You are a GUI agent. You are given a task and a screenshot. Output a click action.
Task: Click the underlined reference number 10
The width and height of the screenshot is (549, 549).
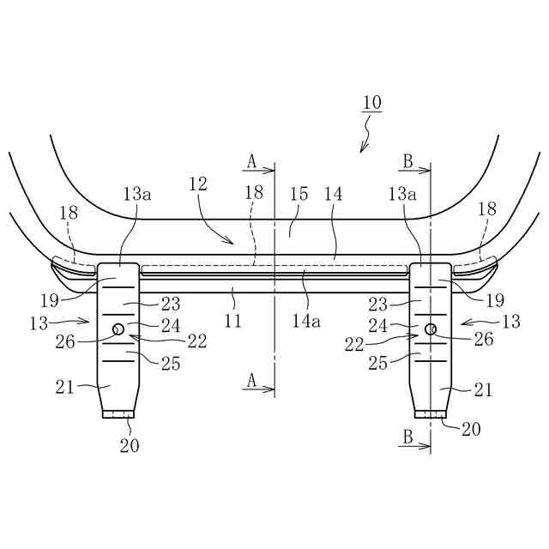click(x=372, y=103)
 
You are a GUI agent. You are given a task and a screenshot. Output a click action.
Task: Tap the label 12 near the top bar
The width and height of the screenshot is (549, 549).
click(x=198, y=184)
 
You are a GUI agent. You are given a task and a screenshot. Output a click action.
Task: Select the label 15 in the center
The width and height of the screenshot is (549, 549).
click(x=299, y=195)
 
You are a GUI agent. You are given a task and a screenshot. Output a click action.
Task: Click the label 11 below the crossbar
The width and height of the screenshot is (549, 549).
click(x=232, y=321)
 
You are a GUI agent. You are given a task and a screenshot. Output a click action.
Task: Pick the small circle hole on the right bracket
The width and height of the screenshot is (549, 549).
click(x=431, y=329)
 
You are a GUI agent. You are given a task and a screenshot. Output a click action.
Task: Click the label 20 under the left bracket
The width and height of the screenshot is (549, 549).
click(x=130, y=445)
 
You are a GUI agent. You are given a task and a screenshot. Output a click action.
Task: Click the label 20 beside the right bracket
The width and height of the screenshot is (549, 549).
click(x=470, y=429)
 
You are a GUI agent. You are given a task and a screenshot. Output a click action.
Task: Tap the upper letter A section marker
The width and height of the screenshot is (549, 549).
click(x=251, y=160)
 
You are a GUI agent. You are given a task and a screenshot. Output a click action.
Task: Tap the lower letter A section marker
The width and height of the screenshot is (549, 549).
click(x=251, y=378)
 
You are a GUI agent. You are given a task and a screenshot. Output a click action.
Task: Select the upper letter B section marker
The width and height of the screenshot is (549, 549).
click(x=408, y=160)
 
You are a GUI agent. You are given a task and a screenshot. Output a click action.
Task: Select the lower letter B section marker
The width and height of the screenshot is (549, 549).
click(x=408, y=437)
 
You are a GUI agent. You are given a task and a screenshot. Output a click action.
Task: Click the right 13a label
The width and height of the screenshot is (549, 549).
click(x=401, y=195)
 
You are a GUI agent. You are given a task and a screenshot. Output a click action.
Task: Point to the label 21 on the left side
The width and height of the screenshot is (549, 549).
click(x=66, y=388)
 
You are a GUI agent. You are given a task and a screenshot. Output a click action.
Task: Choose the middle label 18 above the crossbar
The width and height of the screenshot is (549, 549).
click(x=253, y=195)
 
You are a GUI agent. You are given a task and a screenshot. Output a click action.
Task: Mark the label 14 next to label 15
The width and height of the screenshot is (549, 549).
click(x=333, y=195)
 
